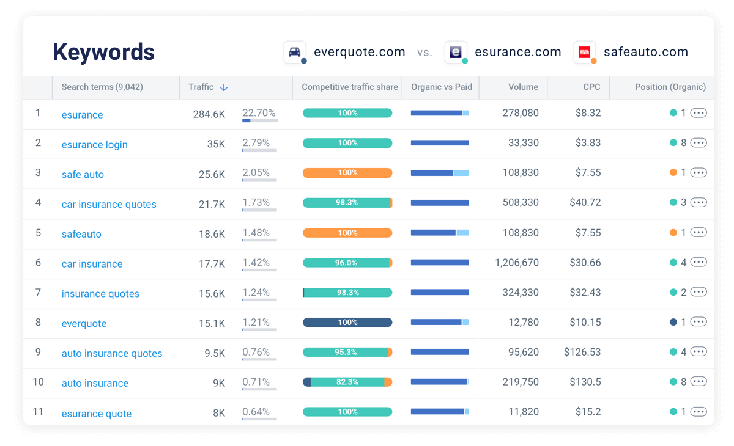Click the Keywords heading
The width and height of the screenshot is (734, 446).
click(103, 52)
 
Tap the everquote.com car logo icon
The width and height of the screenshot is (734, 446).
click(295, 52)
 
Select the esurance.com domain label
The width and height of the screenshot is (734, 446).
click(518, 52)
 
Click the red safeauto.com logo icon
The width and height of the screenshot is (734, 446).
click(584, 52)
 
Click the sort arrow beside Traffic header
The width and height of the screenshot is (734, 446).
click(224, 87)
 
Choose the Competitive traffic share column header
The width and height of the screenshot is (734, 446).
click(349, 87)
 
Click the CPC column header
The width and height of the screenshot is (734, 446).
click(591, 87)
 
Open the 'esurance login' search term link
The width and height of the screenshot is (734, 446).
click(94, 145)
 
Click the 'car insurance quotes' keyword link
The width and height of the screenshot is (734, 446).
click(109, 205)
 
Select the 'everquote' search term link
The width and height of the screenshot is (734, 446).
click(84, 324)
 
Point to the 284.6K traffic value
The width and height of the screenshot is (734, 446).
click(209, 114)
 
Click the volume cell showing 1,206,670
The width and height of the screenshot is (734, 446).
click(517, 263)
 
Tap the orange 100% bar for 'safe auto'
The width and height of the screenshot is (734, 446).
click(347, 173)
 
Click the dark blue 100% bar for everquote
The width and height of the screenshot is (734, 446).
click(347, 323)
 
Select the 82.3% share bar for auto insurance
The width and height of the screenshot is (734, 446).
click(347, 382)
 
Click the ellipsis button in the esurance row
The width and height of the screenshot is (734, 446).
click(699, 113)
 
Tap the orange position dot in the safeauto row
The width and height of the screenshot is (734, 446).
click(673, 233)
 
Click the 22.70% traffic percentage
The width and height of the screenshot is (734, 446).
click(259, 113)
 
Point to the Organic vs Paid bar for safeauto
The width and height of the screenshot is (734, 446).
click(439, 233)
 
